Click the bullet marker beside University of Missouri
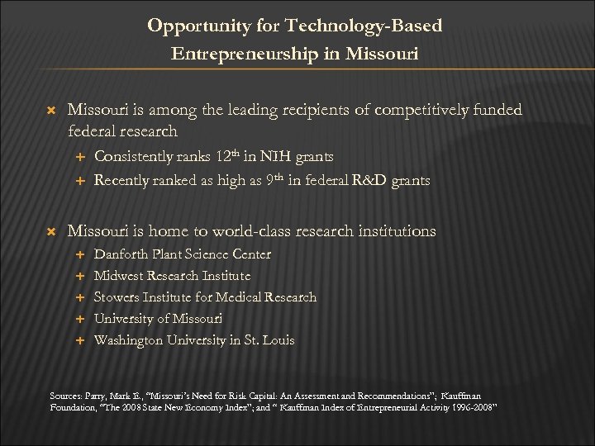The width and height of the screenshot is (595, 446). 80,319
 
